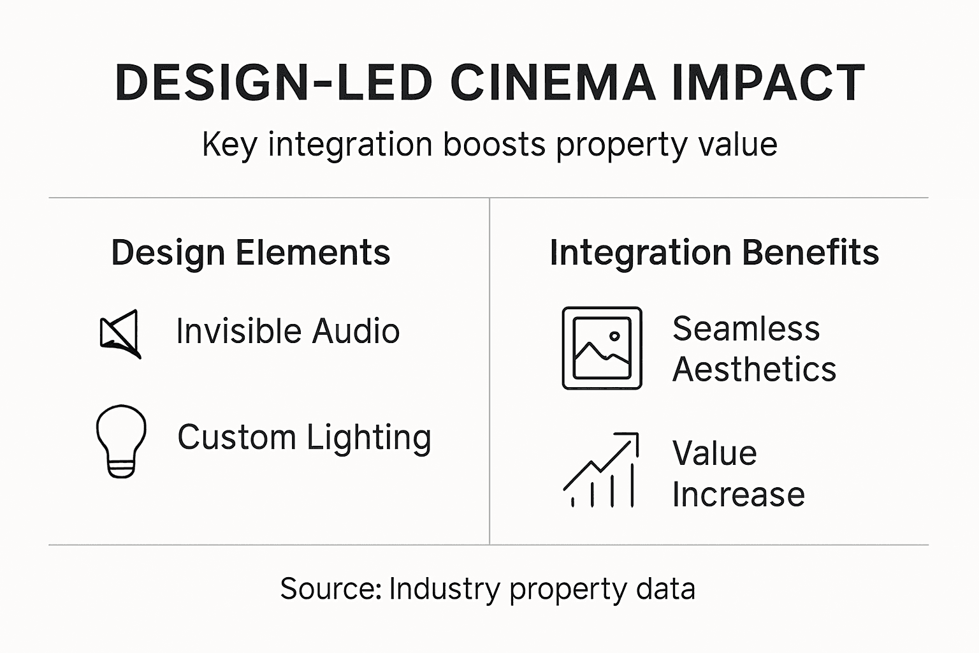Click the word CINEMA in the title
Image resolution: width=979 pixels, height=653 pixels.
553,83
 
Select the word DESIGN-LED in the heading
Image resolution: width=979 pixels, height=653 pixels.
274,83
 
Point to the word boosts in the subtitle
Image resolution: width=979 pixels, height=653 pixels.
494,144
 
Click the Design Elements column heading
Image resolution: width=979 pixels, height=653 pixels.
250,253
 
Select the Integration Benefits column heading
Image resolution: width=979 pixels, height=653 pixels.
714,253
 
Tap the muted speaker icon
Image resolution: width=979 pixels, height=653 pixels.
120,334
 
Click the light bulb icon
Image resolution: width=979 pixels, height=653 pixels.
121,440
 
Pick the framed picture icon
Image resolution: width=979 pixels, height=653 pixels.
602,348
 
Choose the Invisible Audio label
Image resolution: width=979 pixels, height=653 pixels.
287,332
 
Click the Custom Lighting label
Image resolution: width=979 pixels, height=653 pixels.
304,438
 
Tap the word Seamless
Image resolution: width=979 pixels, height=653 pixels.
746,329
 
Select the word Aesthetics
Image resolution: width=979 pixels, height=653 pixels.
754,370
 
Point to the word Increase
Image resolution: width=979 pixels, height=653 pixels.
739,495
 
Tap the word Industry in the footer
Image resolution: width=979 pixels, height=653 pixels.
444,589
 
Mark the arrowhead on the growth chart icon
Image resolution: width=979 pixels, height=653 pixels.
631,439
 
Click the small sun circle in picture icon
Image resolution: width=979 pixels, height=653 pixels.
614,336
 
